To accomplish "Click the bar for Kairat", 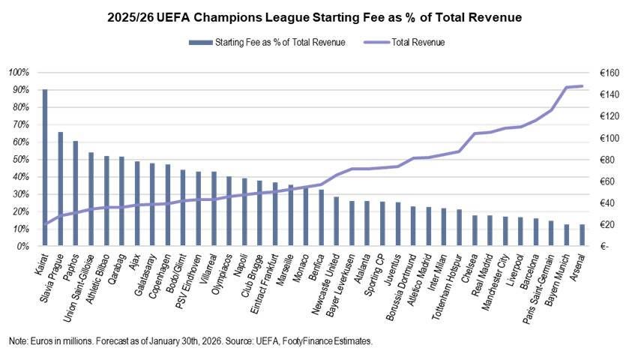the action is tap(45, 167).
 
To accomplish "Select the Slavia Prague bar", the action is tap(60, 189).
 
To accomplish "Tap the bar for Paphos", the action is tap(76, 193).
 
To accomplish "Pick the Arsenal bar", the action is tap(582, 235).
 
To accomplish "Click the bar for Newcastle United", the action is tap(336, 221).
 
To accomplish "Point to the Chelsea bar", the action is tap(475, 230).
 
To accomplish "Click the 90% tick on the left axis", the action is tap(21, 90).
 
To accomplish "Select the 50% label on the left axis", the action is tap(21, 159).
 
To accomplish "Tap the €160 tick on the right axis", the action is tap(610, 73).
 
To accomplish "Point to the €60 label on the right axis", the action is tap(607, 181).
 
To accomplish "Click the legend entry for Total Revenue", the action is tap(404, 43).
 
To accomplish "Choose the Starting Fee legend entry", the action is tap(267, 43).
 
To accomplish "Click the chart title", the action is tap(315, 17).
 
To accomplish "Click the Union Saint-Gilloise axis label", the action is tap(79, 288).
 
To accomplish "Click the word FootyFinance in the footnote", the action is tap(307, 341).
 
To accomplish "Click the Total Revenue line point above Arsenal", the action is tap(582, 86).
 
